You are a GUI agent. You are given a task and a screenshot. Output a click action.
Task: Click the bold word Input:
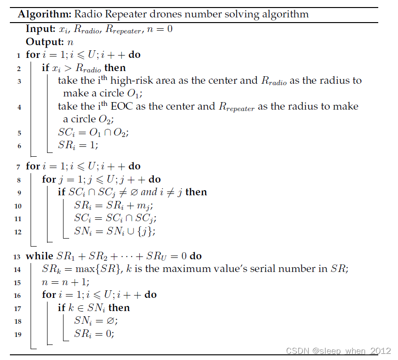pyautogui.click(x=41, y=29)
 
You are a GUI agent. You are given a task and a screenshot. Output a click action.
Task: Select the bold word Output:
pyautogui.click(x=45, y=42)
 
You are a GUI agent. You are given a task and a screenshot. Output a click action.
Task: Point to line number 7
pyautogui.click(x=19, y=167)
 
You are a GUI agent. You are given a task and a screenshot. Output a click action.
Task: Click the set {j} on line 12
pyautogui.click(x=146, y=231)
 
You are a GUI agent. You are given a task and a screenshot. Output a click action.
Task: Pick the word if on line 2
pyautogui.click(x=46, y=68)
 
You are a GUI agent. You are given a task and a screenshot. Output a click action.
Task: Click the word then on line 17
pyautogui.click(x=119, y=308)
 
